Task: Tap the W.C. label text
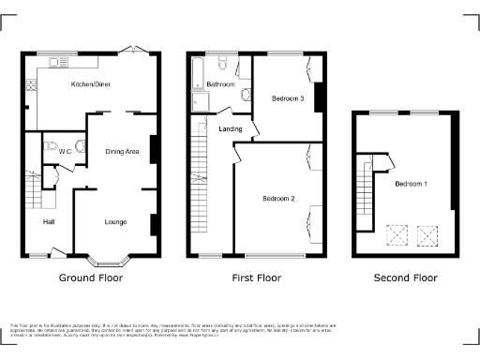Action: point(66,150)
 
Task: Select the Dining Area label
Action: point(122,150)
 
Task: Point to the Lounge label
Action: point(115,222)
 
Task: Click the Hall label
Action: point(48,222)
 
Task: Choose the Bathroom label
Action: point(220,84)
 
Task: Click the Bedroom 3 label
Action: point(288,98)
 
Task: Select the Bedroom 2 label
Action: point(278,199)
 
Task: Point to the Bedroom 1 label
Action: point(411,184)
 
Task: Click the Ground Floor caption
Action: point(90,278)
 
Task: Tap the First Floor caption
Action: point(257,278)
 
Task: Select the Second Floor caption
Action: point(405,278)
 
